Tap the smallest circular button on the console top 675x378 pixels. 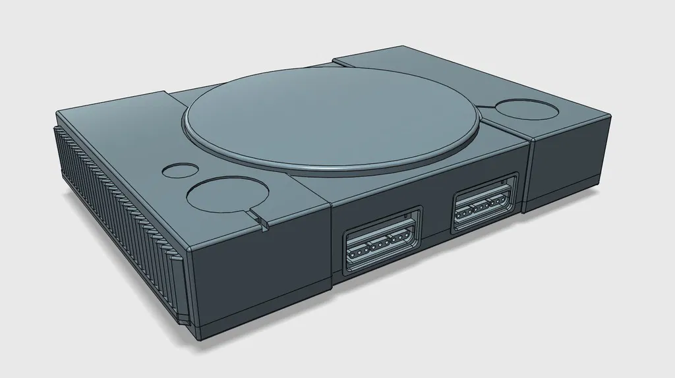coord(175,171)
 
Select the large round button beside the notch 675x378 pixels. coord(228,195)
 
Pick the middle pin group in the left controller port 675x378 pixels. coord(380,247)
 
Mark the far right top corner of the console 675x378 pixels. coord(607,115)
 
